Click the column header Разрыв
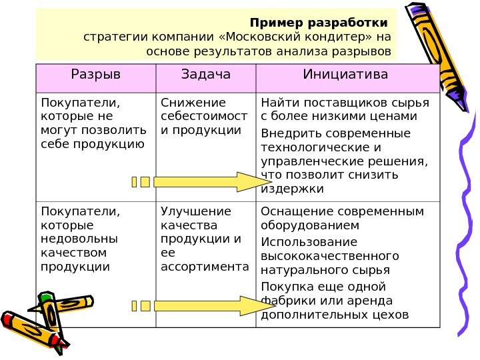[96, 74]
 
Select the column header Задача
[205, 74]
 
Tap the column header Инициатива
[345, 74]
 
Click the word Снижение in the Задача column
[194, 103]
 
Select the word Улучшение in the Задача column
[196, 212]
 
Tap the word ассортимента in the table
[205, 267]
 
